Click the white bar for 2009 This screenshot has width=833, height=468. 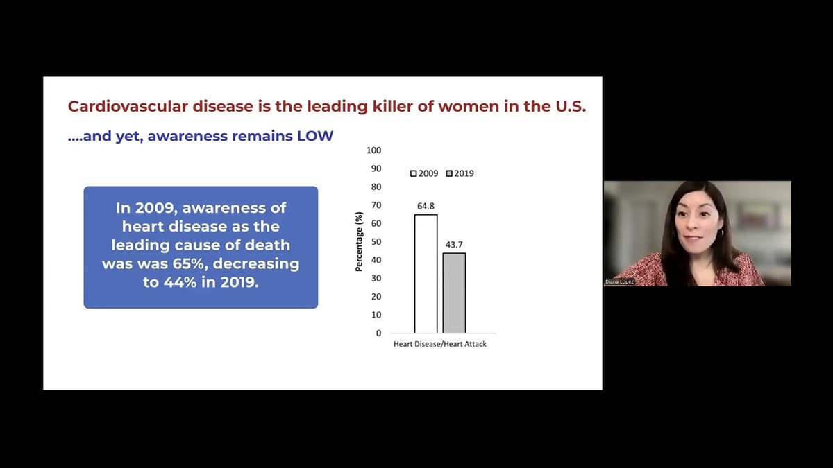click(426, 274)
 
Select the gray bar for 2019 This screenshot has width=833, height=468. click(454, 293)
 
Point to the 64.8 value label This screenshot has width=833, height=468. click(426, 206)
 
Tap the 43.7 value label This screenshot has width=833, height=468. click(454, 245)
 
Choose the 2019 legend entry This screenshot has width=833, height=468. click(460, 173)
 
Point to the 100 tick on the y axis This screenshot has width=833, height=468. click(373, 150)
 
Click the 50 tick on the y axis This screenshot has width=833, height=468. click(376, 241)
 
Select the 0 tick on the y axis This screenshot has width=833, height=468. click(378, 333)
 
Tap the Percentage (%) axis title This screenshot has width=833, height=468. click(359, 241)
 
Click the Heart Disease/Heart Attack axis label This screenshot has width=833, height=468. click(439, 345)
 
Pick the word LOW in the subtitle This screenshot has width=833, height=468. click(315, 136)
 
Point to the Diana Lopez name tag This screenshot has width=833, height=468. click(620, 281)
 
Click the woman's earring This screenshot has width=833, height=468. click(723, 234)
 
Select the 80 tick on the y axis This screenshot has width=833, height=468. click(376, 187)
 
